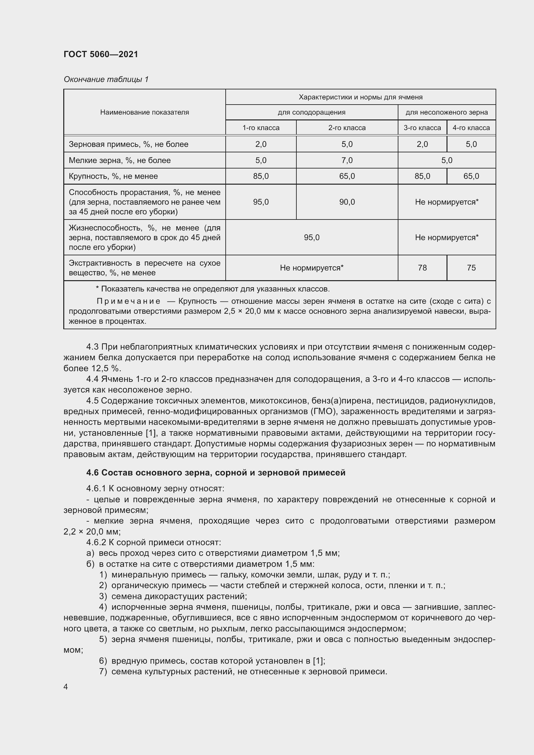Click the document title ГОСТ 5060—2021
(x=101, y=54)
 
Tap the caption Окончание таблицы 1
(x=106, y=79)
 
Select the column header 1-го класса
(x=261, y=128)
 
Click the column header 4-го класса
(x=471, y=128)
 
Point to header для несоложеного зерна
(x=447, y=112)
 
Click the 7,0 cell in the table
(x=347, y=160)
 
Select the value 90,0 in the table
(x=347, y=202)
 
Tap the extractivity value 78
(x=422, y=268)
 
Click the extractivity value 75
(x=471, y=268)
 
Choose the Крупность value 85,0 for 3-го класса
(x=422, y=176)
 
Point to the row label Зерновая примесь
(x=128, y=144)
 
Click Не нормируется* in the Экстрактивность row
(x=311, y=268)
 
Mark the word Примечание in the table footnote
(x=128, y=301)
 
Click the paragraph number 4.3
(x=92, y=347)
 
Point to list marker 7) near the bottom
(x=103, y=671)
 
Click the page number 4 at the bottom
(x=66, y=687)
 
